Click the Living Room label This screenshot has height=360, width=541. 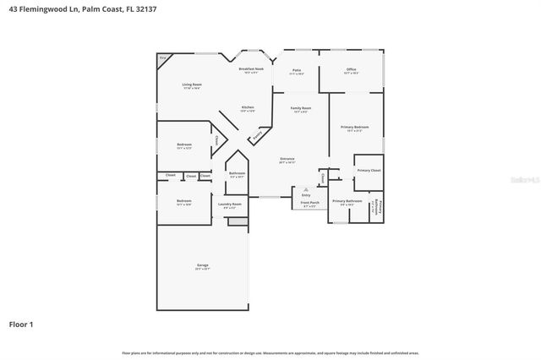coord(192,85)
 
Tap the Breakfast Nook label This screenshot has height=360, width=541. coord(251,69)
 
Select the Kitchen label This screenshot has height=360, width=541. coord(248,107)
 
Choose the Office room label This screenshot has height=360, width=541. coord(351,70)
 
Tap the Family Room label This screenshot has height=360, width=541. coord(301,108)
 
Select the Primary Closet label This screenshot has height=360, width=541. coord(369,170)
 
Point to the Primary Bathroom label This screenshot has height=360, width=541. coord(347,200)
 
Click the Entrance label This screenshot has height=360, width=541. coord(287,158)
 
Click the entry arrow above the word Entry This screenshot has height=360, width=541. coord(305,190)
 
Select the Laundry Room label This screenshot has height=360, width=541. coord(230,204)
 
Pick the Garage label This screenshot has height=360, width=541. coord(203,265)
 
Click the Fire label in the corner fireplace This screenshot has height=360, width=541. coord(163,57)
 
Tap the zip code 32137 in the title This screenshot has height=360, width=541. coord(144,8)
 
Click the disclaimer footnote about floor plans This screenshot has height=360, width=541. coord(270,352)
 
